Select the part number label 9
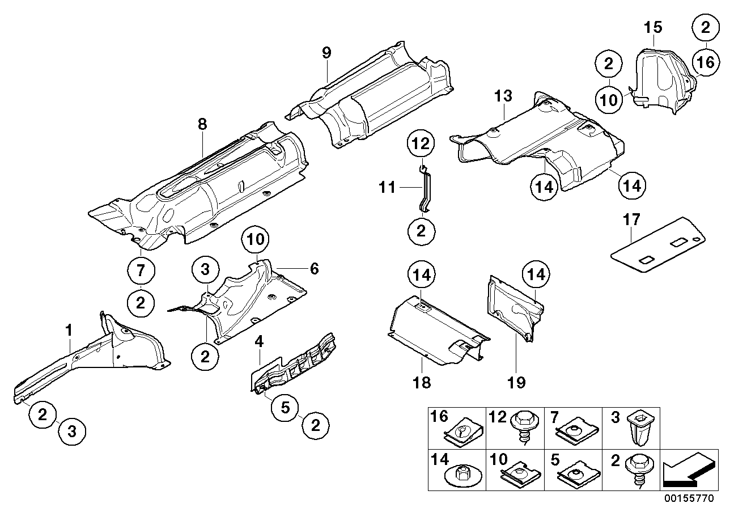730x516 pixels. point(326,53)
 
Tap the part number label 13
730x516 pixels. point(503,96)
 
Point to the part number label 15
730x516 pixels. point(652,27)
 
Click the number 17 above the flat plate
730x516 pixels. point(630,219)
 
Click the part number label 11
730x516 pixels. point(387,187)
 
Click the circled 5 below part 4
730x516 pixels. point(285,406)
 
